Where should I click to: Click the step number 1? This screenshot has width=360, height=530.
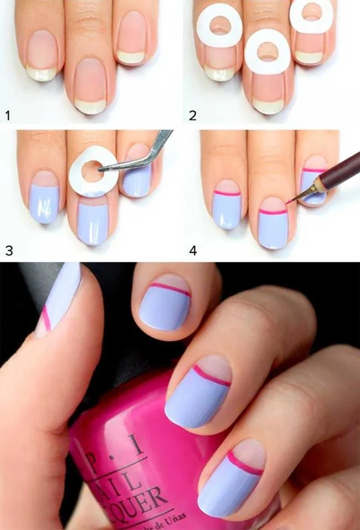tap(8, 115)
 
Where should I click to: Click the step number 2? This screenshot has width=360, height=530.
tap(192, 115)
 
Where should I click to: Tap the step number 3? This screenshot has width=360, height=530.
tap(8, 250)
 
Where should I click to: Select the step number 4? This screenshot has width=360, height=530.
tap(193, 250)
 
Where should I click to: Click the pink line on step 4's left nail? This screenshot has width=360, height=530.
tap(227, 194)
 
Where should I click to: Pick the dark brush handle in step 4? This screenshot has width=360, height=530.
tap(335, 169)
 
